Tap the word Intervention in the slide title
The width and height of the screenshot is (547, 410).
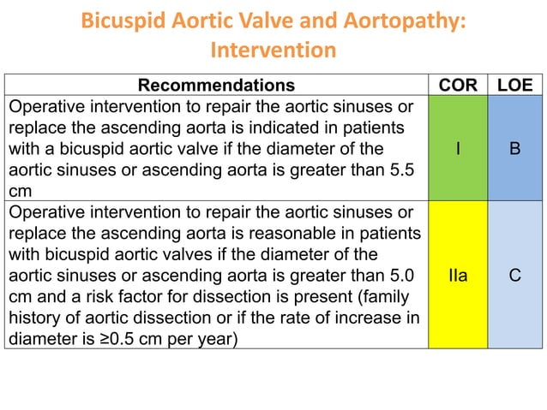273,50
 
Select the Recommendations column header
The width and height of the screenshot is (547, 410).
216,85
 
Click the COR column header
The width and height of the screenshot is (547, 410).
458,85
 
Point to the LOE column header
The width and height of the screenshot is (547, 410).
514,85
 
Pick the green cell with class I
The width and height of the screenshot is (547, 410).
458,149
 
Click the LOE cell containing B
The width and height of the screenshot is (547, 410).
514,149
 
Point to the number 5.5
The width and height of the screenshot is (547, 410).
400,169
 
